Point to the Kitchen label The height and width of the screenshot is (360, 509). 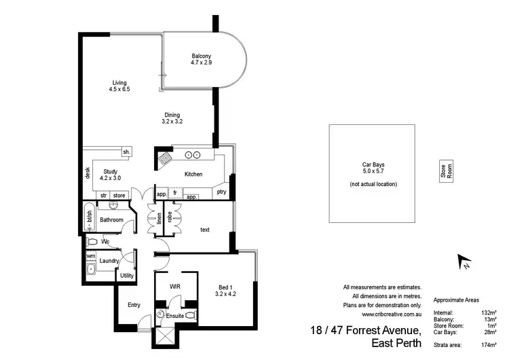[193, 175]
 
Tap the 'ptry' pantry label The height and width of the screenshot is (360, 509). [221, 192]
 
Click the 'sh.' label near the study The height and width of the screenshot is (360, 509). [126, 151]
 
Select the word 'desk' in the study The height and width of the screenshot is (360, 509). [88, 173]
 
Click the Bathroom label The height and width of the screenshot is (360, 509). [111, 220]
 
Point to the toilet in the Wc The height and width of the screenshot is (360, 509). [93, 241]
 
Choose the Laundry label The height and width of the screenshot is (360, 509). [109, 260]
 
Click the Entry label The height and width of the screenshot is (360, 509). [134, 305]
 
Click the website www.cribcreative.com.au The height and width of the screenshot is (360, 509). [392, 314]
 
